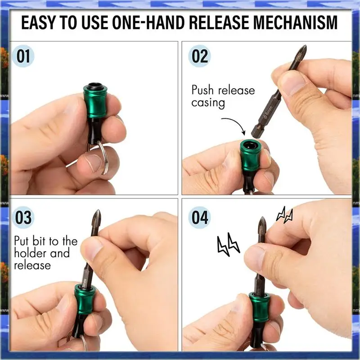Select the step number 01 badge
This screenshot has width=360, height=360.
click(23, 56)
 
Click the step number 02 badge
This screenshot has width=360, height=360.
click(199, 56)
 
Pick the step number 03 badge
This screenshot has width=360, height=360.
click(23, 217)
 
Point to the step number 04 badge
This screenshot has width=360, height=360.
click(199, 217)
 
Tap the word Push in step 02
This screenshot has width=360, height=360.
click(203, 90)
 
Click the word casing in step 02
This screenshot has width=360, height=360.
click(208, 103)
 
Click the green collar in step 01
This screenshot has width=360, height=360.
click(94, 100)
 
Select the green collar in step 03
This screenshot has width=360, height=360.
click(84, 300)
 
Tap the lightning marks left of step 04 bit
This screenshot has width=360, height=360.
click(228, 244)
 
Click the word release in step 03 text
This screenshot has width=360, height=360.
click(32, 265)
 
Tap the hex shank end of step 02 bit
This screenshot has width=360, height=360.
click(255, 133)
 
